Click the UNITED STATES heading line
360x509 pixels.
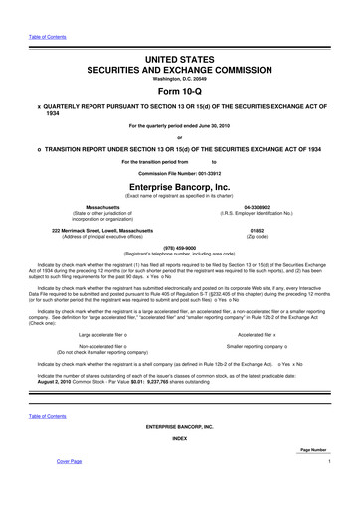point(180,34)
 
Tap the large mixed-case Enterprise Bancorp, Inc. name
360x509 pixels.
point(180,186)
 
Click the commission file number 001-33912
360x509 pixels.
point(204,172)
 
